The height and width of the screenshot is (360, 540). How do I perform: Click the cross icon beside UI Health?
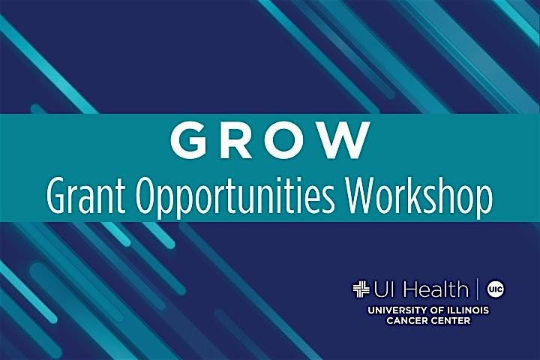pos(361,288)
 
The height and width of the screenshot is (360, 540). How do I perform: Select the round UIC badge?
pos(494,288)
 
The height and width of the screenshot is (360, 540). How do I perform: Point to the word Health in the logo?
pos(435,288)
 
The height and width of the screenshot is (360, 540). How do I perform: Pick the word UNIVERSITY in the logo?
pos(391,309)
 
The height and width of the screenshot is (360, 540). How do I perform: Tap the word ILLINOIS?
pos(466,309)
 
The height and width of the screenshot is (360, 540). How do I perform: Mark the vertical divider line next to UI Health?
pos(478,288)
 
